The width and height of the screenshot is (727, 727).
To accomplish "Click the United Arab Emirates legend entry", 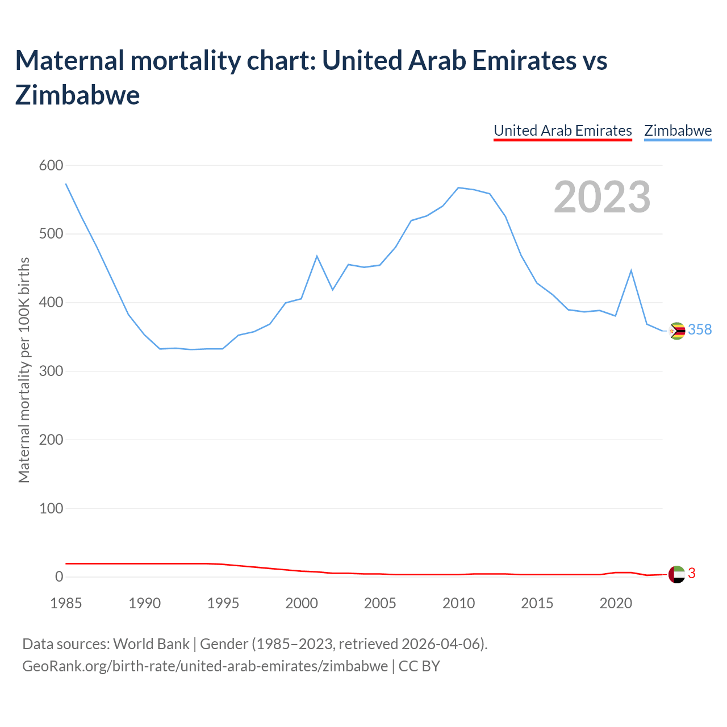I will [x=562, y=131].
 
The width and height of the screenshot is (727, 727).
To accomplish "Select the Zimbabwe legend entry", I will [x=678, y=131].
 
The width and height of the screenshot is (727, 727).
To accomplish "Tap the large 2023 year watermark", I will [x=602, y=197].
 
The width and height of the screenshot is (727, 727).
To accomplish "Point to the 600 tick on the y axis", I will [x=51, y=165].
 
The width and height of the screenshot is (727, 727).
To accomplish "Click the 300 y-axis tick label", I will [x=51, y=371].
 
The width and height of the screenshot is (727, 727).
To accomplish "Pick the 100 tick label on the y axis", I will [x=51, y=508].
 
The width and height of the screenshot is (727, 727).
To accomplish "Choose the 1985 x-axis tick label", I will [x=66, y=603].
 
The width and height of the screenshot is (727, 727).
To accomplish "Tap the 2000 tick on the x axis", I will [x=302, y=603].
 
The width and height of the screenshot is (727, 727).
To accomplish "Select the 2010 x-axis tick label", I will [x=458, y=603].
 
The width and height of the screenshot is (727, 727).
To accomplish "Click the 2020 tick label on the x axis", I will [x=616, y=603].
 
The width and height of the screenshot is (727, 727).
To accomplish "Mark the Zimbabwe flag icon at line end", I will [x=677, y=331].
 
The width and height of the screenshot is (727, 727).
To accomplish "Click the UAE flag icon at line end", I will [x=676, y=574].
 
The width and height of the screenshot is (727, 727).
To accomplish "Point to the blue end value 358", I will [x=700, y=330].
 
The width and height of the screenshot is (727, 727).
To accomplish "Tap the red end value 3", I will [x=692, y=574].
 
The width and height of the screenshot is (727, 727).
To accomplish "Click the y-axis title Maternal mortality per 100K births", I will [x=24, y=370].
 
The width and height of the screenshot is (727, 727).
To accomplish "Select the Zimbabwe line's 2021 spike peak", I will [x=631, y=270].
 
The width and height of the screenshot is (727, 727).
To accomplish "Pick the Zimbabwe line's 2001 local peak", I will [x=317, y=256].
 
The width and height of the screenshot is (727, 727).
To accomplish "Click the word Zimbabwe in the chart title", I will [x=78, y=95].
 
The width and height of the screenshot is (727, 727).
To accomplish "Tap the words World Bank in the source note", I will [x=152, y=644].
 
